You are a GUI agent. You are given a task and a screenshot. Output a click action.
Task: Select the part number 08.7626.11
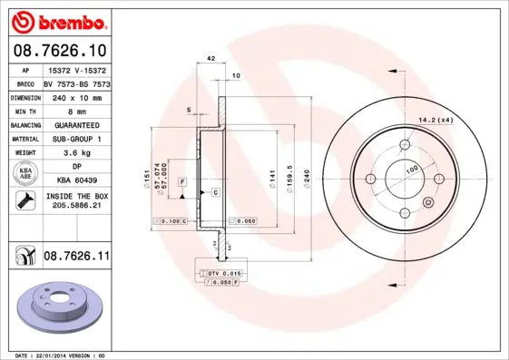click(76, 258)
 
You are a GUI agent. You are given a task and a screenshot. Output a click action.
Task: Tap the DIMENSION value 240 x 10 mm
click(76, 97)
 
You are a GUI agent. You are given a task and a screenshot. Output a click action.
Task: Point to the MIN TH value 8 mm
click(76, 111)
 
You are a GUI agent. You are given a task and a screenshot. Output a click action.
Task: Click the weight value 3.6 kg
click(76, 152)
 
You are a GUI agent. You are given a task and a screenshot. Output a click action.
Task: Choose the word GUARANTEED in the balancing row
click(76, 124)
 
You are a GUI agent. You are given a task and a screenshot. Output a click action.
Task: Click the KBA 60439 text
click(76, 180)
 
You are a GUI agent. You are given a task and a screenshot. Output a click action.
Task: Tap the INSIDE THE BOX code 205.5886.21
click(76, 207)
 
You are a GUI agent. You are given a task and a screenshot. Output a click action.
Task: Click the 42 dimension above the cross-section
click(210, 59)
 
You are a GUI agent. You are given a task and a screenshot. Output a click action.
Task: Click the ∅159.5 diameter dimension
click(289, 175)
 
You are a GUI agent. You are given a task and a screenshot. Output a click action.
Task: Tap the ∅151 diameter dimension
click(145, 175)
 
